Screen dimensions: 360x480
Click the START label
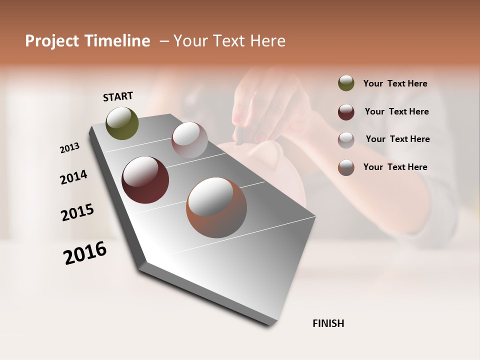point(118,96)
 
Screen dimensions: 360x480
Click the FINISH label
point(328,323)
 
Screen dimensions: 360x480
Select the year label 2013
point(70,147)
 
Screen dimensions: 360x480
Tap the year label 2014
point(73,177)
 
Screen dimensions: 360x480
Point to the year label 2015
point(77,212)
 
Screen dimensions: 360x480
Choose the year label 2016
point(85,252)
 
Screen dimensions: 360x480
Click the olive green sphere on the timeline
point(122,123)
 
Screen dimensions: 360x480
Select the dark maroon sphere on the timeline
point(145,180)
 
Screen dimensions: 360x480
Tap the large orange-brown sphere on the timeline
point(216,207)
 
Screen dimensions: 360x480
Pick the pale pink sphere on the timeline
point(189,140)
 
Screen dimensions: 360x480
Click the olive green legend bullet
point(346,83)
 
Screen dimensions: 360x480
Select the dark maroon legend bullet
point(346,112)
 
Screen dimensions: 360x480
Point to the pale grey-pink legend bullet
point(346,140)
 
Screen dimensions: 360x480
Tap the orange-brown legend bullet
point(346,167)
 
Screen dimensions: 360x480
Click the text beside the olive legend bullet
point(395,83)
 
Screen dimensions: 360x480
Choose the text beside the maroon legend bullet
point(396,111)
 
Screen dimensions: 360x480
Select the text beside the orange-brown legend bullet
point(395,167)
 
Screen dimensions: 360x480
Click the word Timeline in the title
point(117,41)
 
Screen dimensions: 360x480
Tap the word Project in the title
point(52,41)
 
